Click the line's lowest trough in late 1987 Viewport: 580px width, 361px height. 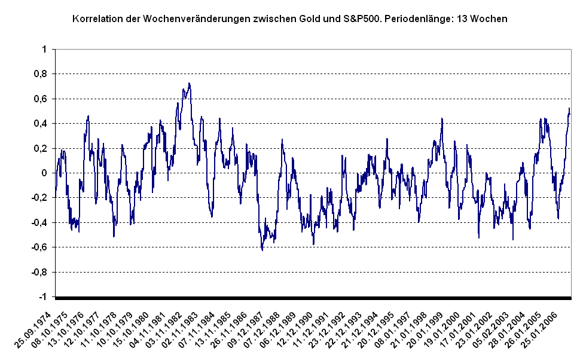click(x=262, y=249)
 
